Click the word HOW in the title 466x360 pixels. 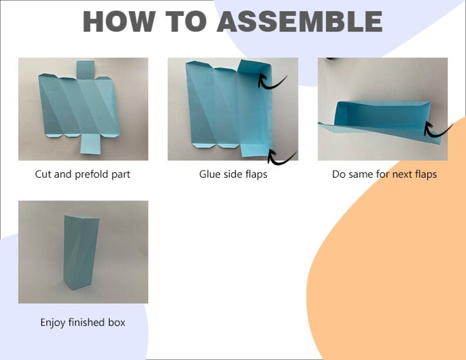pyautogui.click(x=119, y=22)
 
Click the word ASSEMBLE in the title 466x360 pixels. pyautogui.click(x=300, y=22)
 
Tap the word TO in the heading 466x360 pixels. pyautogui.click(x=185, y=22)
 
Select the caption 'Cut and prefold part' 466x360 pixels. pyautogui.click(x=83, y=174)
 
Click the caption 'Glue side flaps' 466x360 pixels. pyautogui.click(x=233, y=174)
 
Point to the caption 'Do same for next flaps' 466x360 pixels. pyautogui.click(x=384, y=174)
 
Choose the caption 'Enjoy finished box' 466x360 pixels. pyautogui.click(x=83, y=322)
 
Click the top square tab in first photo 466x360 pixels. pyautogui.click(x=86, y=70)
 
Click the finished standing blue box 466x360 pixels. pyautogui.click(x=81, y=253)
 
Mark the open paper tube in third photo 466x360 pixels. pyautogui.click(x=383, y=115)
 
